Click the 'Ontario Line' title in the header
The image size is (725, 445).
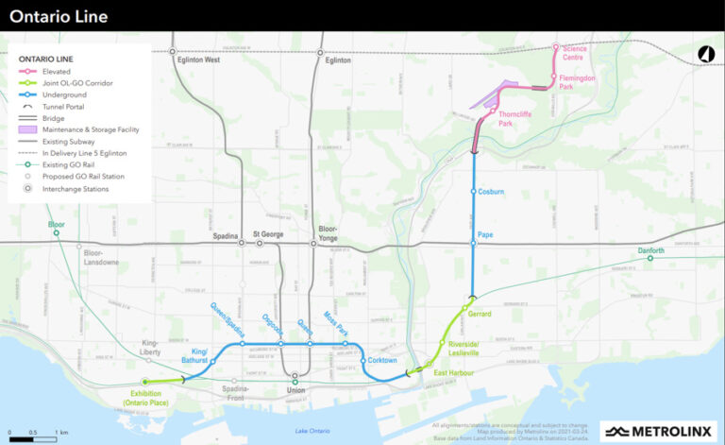(x=59, y=16)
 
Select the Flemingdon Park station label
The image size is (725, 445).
(x=577, y=82)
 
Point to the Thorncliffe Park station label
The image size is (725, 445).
(x=513, y=118)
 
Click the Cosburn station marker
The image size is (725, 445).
(x=474, y=192)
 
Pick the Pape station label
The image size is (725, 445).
(x=486, y=234)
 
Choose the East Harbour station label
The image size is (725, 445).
(x=452, y=374)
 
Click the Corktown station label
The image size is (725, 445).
(x=382, y=360)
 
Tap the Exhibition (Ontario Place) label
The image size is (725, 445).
(x=144, y=398)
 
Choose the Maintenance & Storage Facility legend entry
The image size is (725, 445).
(x=99, y=130)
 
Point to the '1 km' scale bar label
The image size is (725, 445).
(x=61, y=431)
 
